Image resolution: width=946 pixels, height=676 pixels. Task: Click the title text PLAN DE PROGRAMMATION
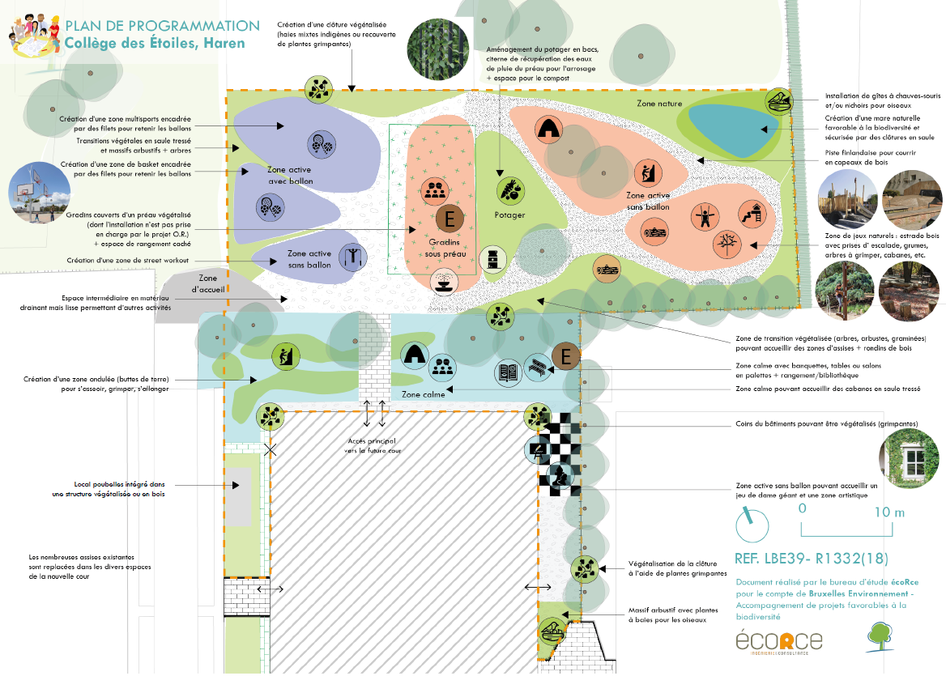click(162, 27)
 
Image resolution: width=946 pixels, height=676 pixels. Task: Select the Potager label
click(510, 215)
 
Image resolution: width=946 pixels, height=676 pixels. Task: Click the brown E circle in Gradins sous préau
click(449, 219)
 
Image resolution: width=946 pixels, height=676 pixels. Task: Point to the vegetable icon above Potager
click(510, 190)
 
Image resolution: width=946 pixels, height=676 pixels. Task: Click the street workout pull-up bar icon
click(353, 257)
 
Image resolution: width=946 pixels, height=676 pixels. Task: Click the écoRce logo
click(778, 640)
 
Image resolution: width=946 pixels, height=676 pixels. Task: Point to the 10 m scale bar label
click(888, 512)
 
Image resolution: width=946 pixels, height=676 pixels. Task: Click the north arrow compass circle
click(752, 525)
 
